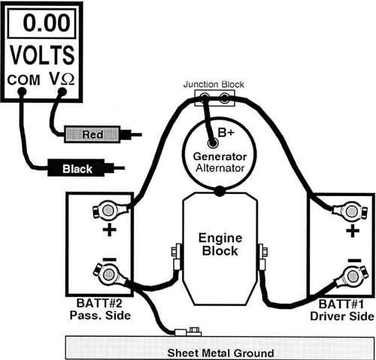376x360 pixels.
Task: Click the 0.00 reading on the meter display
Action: [x=47, y=23]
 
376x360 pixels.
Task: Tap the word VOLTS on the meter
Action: [x=42, y=55]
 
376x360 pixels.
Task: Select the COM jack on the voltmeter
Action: [x=22, y=92]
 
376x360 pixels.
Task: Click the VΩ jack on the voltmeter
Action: [x=62, y=92]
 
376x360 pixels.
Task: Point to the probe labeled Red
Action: [x=103, y=135]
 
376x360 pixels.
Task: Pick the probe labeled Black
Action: [x=86, y=168]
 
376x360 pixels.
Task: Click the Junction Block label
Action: [x=214, y=84]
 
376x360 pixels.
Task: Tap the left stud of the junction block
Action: [x=205, y=96]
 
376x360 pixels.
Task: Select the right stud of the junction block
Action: [x=224, y=97]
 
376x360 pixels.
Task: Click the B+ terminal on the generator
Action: [x=213, y=144]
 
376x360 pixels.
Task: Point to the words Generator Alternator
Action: [x=220, y=162]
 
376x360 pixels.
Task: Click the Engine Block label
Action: [x=220, y=244]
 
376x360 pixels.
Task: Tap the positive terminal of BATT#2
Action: [x=108, y=210]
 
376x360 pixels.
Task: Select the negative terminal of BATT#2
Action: [x=108, y=274]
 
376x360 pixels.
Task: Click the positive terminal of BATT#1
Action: [x=351, y=211]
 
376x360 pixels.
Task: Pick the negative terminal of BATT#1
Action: [x=352, y=277]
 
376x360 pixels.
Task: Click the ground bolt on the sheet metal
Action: [x=194, y=331]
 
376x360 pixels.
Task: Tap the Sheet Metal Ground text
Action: [x=220, y=352]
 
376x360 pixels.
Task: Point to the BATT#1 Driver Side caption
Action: [x=342, y=310]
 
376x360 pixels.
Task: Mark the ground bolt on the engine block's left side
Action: [x=176, y=252]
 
